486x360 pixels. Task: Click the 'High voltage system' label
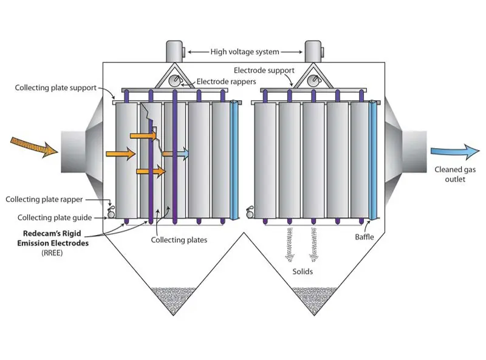[245, 52]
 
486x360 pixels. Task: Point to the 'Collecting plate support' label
[56, 88]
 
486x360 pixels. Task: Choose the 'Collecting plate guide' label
[55, 217]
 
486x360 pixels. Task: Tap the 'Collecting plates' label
[179, 240]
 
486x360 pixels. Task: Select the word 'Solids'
[301, 271]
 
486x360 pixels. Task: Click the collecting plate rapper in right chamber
[250, 213]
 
